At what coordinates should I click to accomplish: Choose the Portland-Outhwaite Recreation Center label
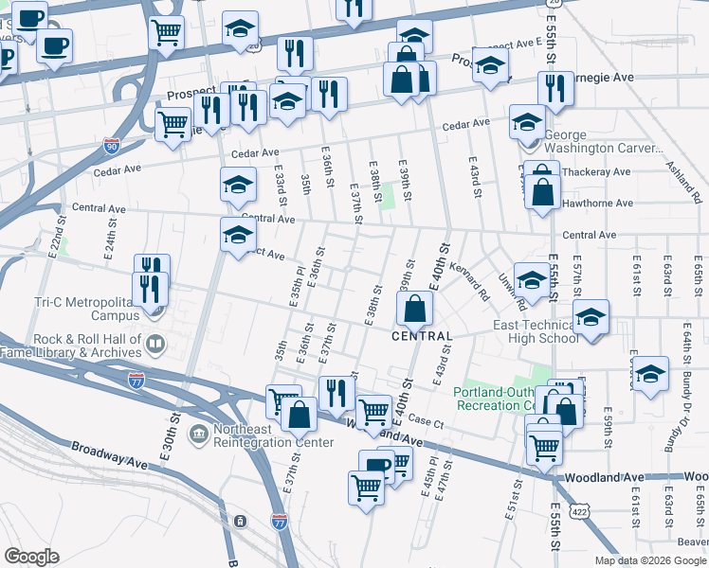coord(493,399)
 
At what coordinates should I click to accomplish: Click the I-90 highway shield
coord(112,147)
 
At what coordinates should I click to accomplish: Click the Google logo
coord(31,557)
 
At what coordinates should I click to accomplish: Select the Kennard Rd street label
coord(468,282)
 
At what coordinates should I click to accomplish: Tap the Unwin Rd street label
coord(512,293)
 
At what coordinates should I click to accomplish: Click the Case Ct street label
coord(427,423)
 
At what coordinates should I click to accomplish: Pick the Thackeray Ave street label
coord(596,172)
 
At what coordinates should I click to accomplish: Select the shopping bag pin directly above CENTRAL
coord(415,308)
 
